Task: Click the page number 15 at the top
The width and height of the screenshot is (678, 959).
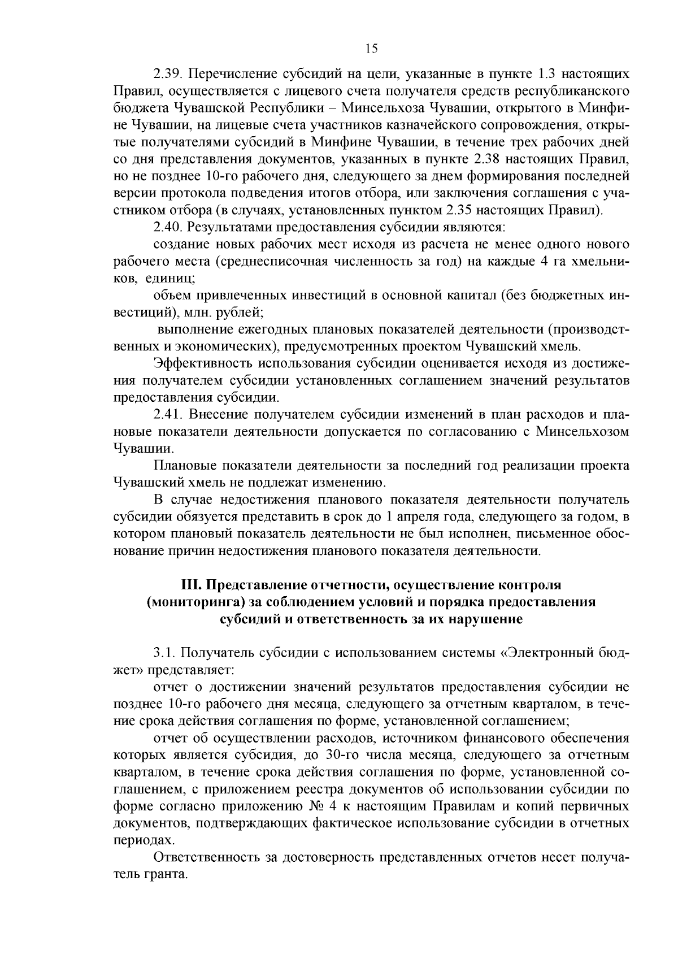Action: [x=371, y=49]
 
